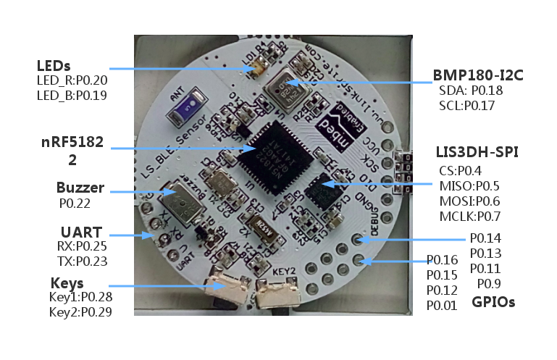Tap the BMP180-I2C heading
(478, 75)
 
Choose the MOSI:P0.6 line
(468, 201)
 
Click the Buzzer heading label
(80, 188)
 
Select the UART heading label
(80, 232)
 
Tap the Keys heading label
(67, 282)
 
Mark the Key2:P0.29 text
(80, 312)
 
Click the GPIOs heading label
(493, 302)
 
